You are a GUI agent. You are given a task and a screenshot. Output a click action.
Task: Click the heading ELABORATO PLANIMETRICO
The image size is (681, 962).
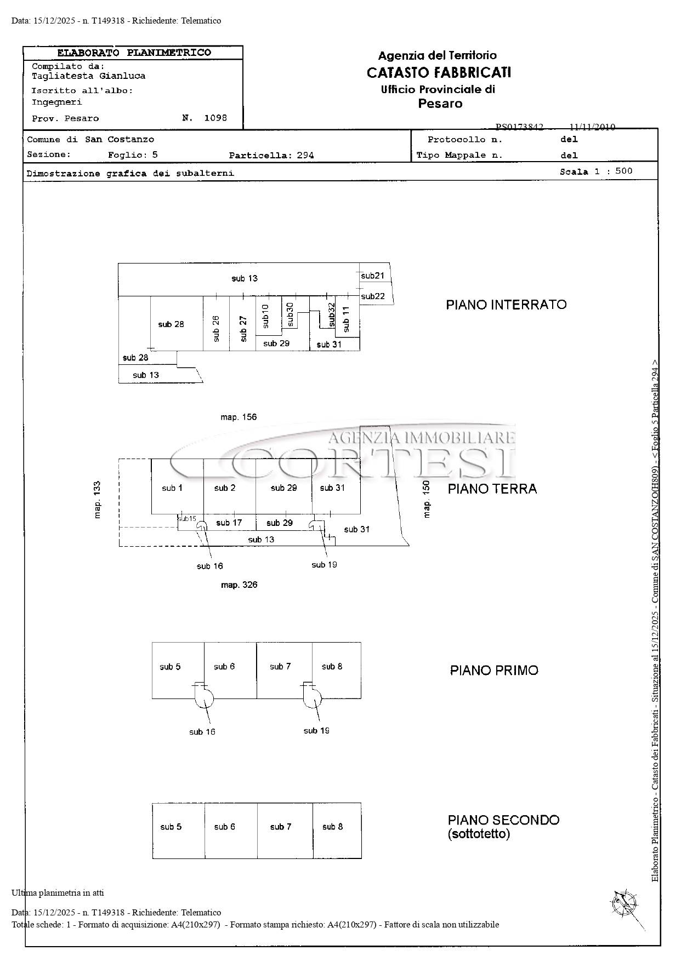[134, 53]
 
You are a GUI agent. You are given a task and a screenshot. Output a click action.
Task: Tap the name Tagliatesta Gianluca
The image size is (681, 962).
[88, 76]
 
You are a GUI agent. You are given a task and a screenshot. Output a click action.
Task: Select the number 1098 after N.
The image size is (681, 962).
[215, 118]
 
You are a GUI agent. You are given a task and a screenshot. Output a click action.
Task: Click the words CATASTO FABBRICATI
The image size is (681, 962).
[439, 72]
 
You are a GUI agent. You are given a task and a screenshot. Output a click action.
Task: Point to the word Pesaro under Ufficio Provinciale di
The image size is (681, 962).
[440, 104]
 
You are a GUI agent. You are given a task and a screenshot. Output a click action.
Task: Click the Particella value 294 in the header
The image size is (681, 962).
[305, 155]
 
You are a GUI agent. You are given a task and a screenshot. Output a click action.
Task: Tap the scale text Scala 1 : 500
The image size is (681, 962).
[596, 171]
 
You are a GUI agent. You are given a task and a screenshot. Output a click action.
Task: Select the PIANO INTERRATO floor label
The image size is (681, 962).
[506, 305]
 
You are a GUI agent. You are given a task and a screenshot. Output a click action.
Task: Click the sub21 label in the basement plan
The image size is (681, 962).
[373, 276]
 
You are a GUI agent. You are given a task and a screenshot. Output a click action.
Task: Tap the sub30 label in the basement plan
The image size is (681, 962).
[290, 315]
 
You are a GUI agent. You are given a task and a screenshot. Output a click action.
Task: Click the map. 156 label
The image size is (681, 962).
[239, 417]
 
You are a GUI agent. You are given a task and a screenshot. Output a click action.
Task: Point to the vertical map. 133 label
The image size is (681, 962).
[97, 500]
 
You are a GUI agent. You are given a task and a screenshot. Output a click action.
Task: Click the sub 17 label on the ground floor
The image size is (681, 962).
[229, 523]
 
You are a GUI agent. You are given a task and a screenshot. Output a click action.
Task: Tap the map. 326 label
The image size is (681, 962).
[239, 585]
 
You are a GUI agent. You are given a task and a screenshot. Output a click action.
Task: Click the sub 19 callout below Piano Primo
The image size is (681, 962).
[316, 730]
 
